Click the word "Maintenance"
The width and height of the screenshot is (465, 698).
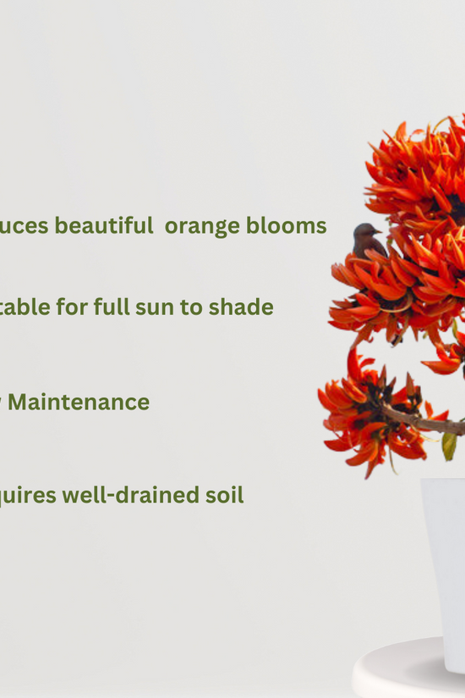79,402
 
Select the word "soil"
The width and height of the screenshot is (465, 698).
224,495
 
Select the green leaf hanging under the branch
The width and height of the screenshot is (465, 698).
449,445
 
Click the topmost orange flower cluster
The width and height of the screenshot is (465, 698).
418,169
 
